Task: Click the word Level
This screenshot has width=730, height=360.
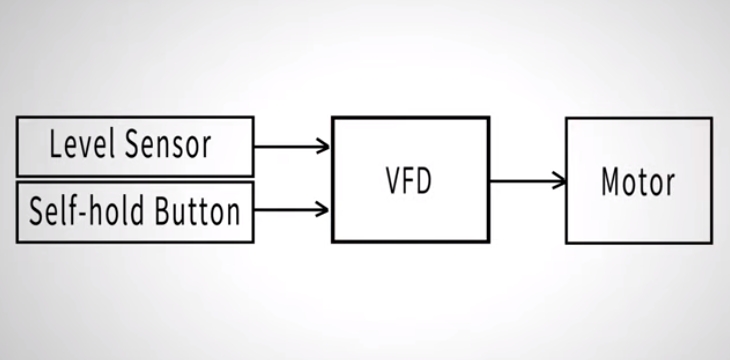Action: coord(84,145)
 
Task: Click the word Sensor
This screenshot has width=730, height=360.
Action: coord(169,145)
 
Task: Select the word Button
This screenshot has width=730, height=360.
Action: coord(197,211)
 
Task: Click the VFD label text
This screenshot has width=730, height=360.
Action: coord(411,182)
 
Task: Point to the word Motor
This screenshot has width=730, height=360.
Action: coord(638,182)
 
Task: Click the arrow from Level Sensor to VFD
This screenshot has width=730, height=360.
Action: coord(291,146)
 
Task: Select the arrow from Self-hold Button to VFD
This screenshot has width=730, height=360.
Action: coord(291,209)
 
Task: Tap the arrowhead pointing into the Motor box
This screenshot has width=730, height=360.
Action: coord(559,181)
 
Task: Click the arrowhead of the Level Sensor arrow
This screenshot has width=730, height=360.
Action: coord(323,146)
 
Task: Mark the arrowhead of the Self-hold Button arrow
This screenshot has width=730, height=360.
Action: coord(323,209)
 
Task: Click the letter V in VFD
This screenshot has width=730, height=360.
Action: coord(394,182)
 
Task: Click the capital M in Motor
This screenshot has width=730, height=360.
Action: coord(611,182)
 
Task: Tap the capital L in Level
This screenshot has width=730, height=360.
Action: coord(56,145)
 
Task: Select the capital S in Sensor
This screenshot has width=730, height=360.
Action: coord(134,145)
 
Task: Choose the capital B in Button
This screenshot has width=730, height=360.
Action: coord(162,211)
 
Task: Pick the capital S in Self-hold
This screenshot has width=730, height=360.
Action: coord(37,211)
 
